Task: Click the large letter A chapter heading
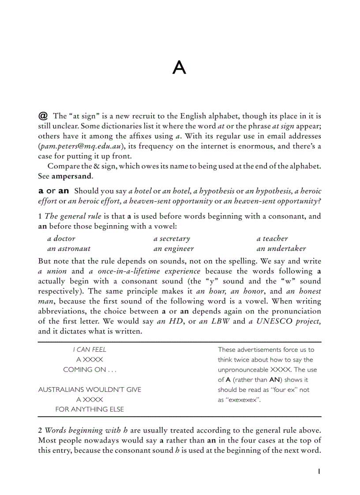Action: click(x=180, y=67)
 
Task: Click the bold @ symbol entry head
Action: click(x=43, y=116)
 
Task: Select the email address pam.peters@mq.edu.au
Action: click(x=82, y=146)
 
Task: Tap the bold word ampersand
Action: click(x=72, y=176)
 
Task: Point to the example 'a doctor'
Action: click(x=61, y=238)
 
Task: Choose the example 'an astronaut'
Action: click(x=68, y=249)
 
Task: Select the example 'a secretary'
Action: click(x=172, y=238)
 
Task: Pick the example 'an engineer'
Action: click(x=173, y=249)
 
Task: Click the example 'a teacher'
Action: click(x=272, y=238)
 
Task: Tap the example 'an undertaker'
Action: click(x=281, y=249)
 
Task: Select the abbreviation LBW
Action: click(x=221, y=321)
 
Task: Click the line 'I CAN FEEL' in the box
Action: click(x=90, y=350)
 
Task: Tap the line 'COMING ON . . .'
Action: click(x=90, y=370)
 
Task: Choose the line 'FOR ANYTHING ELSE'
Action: click(x=90, y=409)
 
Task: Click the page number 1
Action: click(x=319, y=471)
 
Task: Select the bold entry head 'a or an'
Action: click(x=54, y=191)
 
